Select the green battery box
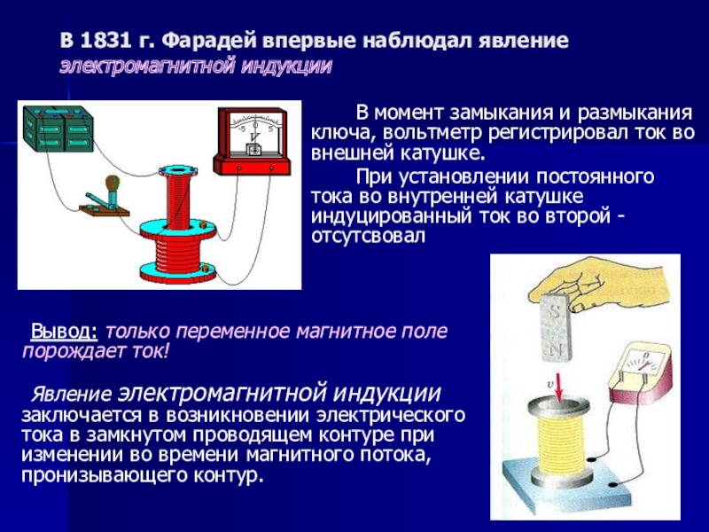pos(58,129)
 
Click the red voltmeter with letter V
pos(252,141)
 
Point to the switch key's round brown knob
pos(113,184)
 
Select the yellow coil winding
pos(561,443)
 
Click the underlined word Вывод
pos(64,331)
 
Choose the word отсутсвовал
pos(368,237)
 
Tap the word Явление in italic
pos(71,395)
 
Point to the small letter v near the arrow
pos(550,385)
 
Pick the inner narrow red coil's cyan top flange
pos(178,171)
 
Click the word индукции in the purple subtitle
pos(286,66)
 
